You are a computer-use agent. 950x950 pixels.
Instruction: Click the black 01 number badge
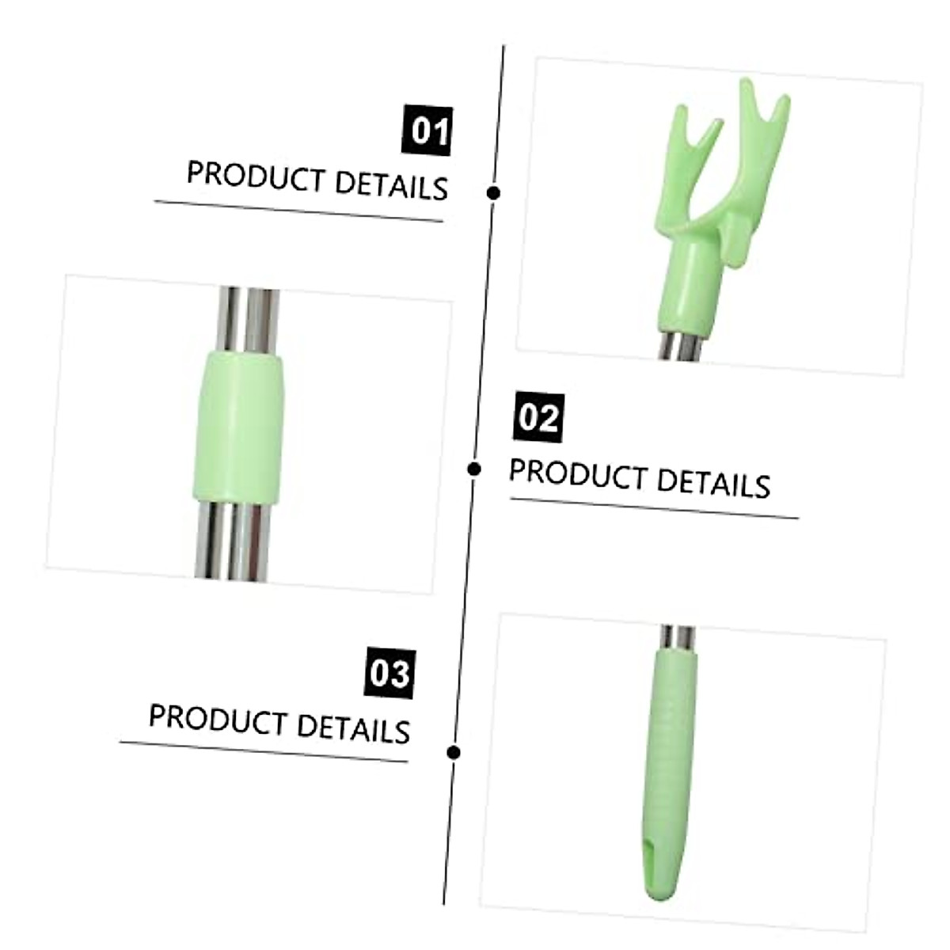click(427, 131)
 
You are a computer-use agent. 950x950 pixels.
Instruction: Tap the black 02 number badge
click(539, 417)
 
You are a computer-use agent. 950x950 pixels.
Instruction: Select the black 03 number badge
click(390, 673)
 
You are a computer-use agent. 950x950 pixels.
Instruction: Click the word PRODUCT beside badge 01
click(255, 176)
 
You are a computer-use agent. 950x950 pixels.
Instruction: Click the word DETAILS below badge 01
click(391, 185)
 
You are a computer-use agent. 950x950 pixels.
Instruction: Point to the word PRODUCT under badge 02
click(578, 474)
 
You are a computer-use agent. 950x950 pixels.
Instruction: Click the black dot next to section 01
click(493, 192)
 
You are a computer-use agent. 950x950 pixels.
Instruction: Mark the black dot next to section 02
click(474, 469)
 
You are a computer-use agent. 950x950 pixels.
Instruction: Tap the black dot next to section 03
click(454, 752)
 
